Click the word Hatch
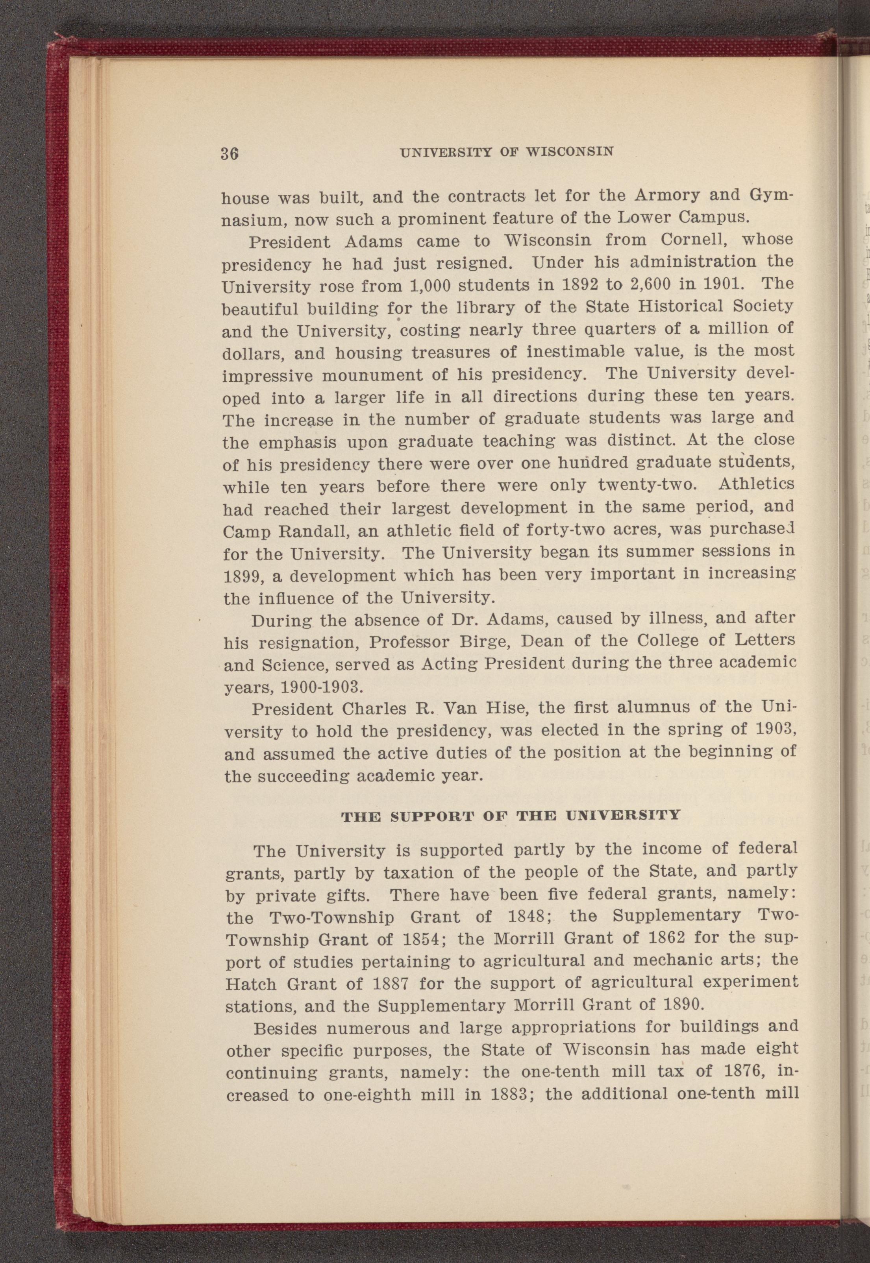coord(251,984)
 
